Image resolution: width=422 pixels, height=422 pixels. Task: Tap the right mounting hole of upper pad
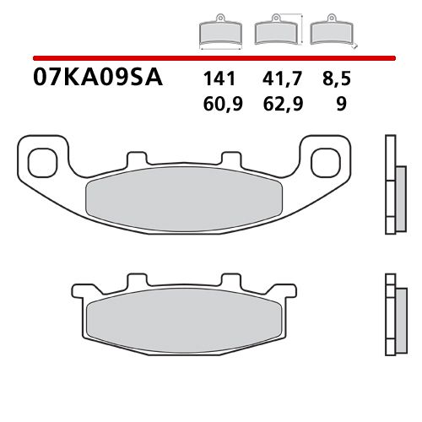click(325, 160)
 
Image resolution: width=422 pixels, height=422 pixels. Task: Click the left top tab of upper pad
click(136, 158)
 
